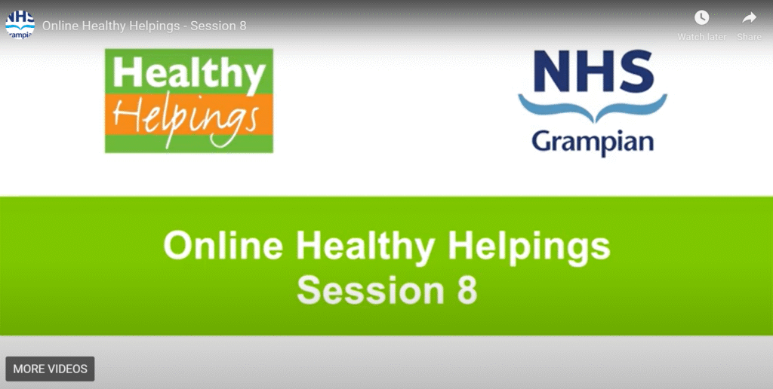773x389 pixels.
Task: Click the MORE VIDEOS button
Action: [x=50, y=369]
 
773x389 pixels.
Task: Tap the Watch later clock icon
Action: [x=701, y=18]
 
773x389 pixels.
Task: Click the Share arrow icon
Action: [x=750, y=18]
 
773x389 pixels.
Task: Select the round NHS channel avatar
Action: [x=20, y=25]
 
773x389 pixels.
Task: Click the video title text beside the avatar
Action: [x=144, y=26]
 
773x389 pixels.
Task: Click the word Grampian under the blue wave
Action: [x=593, y=142]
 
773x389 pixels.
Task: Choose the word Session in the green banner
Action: [x=370, y=289]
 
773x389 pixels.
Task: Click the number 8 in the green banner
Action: [x=467, y=289]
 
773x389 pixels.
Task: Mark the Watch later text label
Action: [x=701, y=37]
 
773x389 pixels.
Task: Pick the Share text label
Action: [x=750, y=37]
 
